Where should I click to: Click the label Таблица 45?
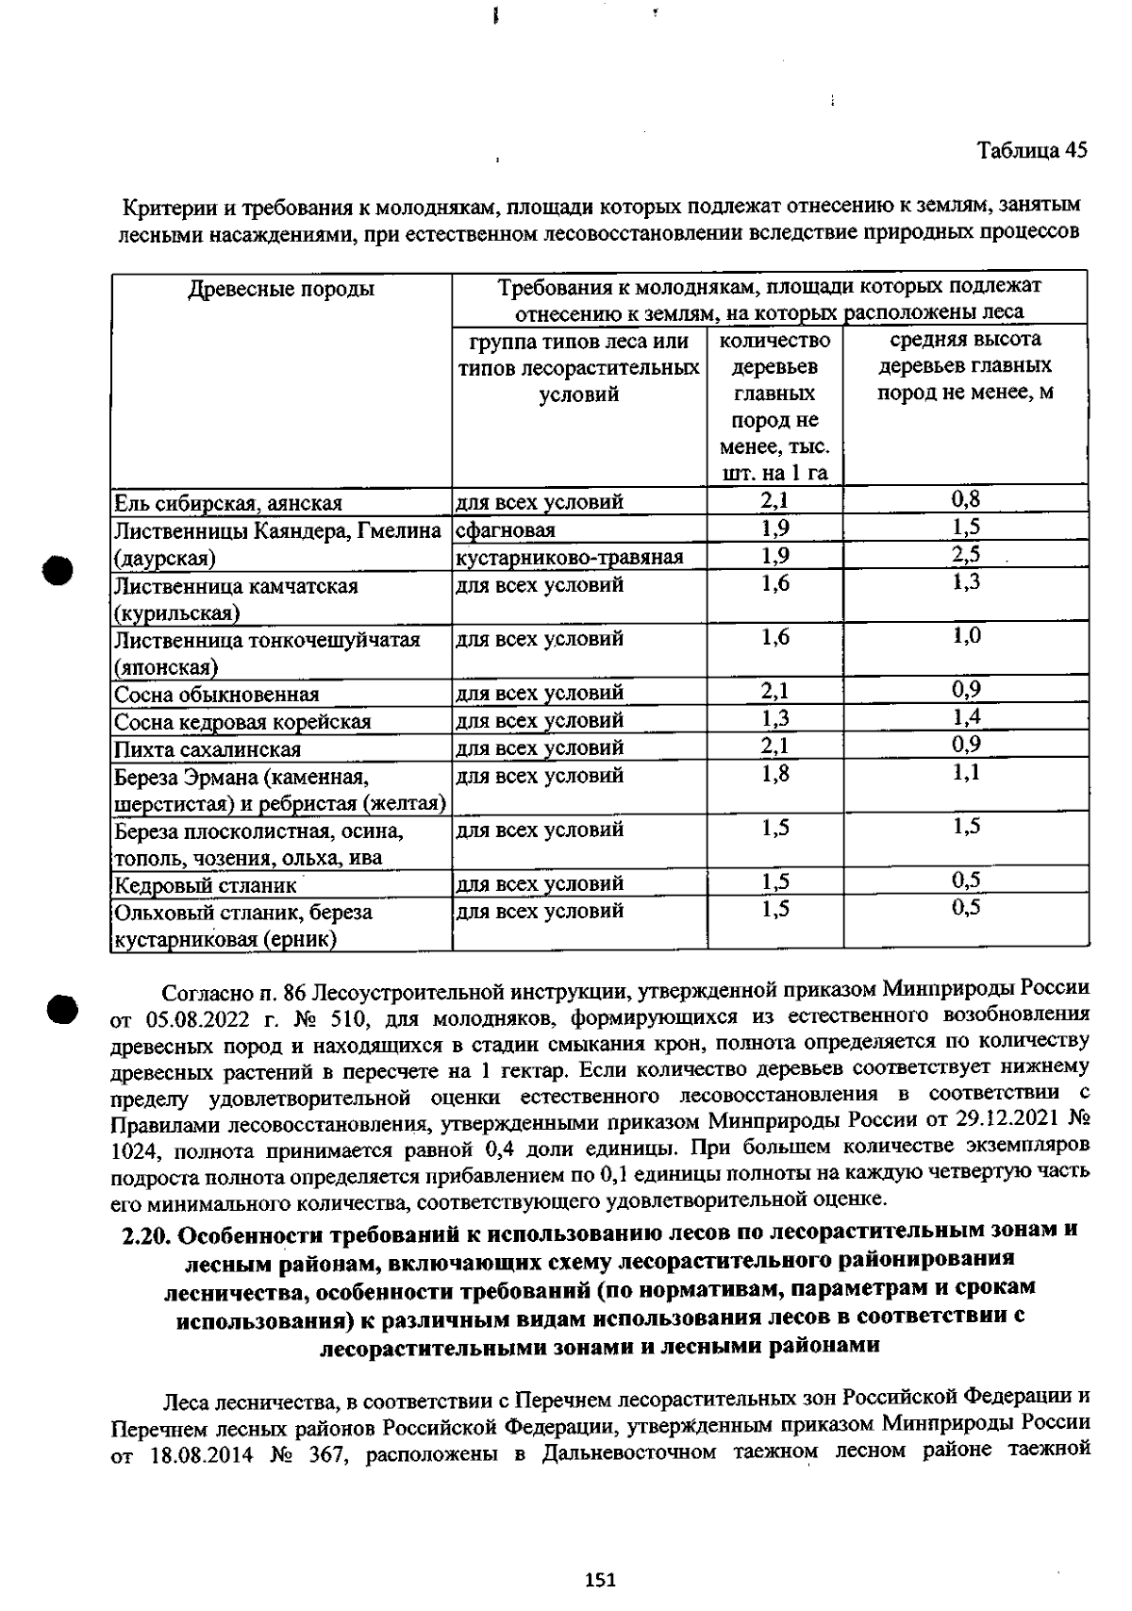(1032, 151)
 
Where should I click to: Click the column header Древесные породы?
(281, 290)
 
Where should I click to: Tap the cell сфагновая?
(506, 530)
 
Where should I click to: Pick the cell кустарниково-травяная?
(569, 558)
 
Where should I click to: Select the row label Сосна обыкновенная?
(216, 696)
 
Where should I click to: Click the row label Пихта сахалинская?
(207, 750)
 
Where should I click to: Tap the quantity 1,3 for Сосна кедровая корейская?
(774, 719)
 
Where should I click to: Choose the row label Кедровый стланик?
(205, 886)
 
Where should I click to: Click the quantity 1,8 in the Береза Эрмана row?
(774, 774)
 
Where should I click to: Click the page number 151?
(600, 1580)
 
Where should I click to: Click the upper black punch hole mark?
(58, 570)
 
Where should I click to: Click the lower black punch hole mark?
(62, 1006)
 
